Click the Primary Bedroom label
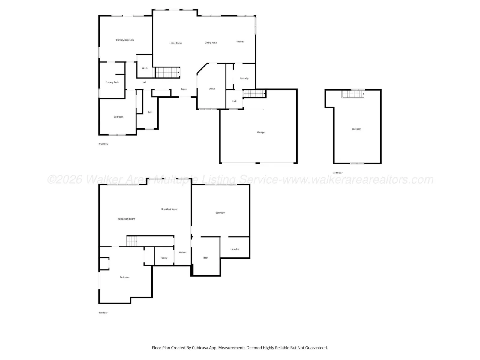125,40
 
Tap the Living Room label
176,43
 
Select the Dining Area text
211,43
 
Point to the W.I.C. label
145,68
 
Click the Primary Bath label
112,82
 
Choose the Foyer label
184,89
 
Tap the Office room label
212,89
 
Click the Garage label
261,132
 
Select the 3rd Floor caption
337,173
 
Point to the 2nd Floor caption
103,144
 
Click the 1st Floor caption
103,313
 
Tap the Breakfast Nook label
169,209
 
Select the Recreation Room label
126,219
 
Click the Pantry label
164,258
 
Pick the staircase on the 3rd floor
353,94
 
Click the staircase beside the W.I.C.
167,73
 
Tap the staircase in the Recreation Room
132,241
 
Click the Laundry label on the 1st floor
234,249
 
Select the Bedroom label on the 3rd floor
356,129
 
